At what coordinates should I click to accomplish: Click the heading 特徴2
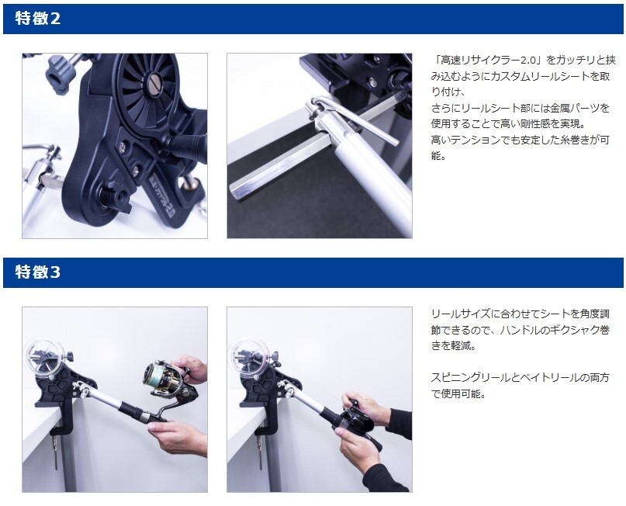point(38,19)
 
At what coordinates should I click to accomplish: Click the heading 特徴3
point(38,272)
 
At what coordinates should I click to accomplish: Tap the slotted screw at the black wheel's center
point(155,78)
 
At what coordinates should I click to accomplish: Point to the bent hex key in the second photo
point(351,118)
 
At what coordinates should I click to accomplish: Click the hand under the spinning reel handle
point(178,438)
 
